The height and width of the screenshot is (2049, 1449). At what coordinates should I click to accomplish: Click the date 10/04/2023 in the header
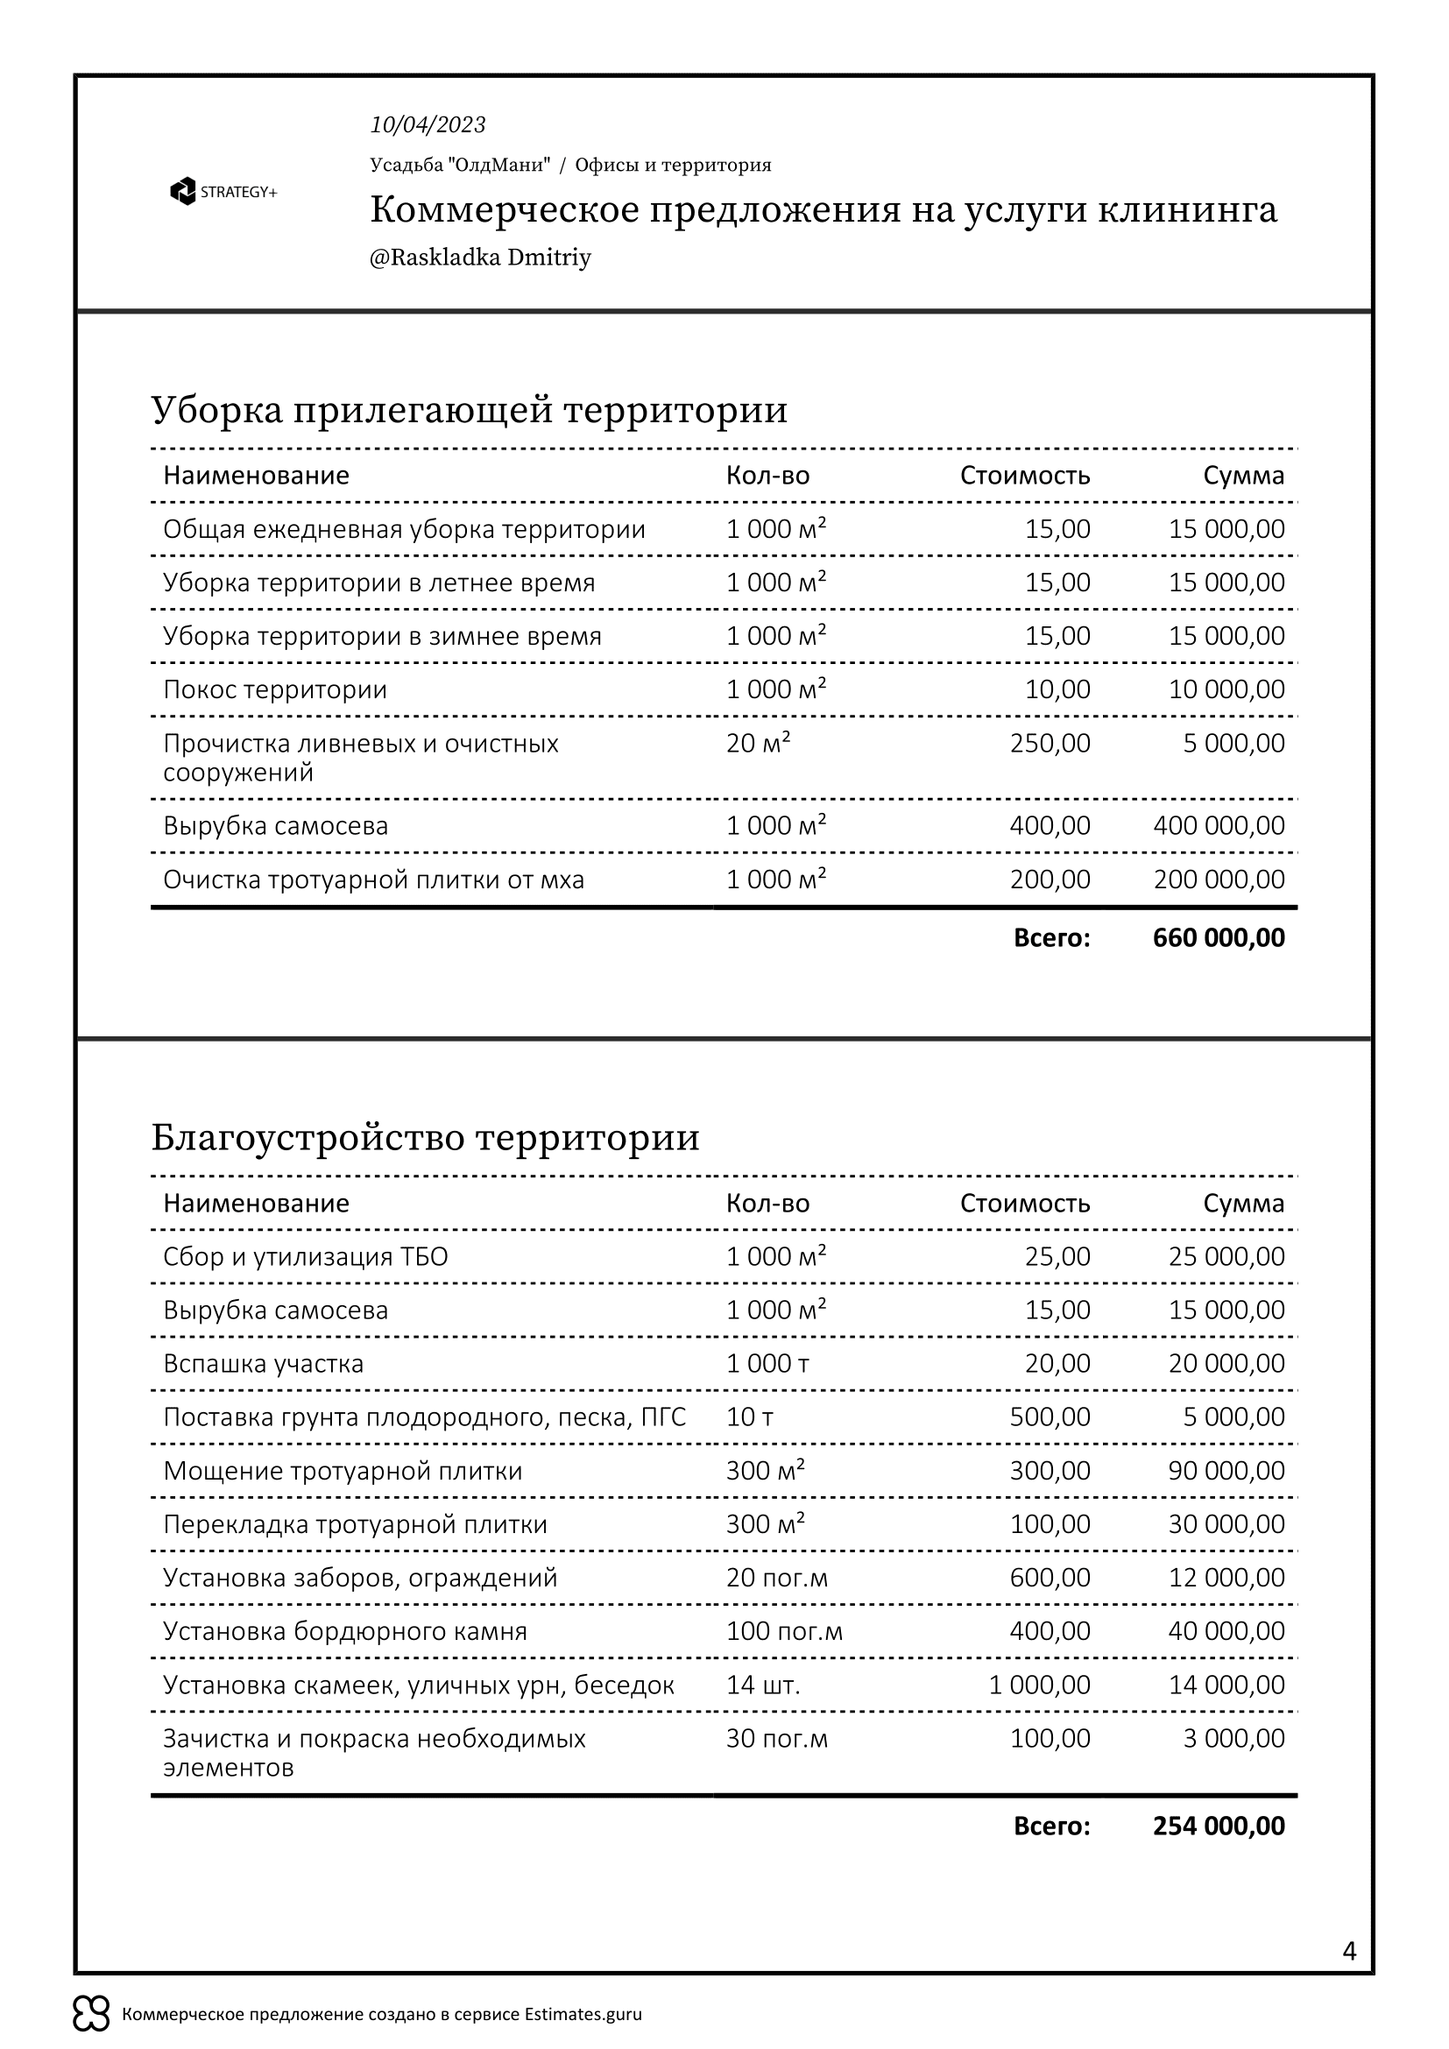tap(428, 125)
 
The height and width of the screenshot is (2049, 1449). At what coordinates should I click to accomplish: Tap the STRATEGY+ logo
tap(223, 192)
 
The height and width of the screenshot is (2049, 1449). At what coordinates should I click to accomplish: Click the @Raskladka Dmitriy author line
tap(480, 258)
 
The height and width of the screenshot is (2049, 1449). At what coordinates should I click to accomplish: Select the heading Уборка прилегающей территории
tap(470, 411)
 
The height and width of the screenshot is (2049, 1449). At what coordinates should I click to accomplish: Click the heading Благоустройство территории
tap(425, 1138)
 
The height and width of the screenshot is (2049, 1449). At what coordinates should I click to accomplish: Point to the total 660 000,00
tap(1218, 938)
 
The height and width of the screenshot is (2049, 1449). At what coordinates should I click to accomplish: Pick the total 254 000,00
tap(1218, 1826)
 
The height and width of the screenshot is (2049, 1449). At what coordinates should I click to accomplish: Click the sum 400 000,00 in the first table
tap(1218, 825)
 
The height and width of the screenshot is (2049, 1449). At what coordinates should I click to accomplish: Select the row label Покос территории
tap(275, 689)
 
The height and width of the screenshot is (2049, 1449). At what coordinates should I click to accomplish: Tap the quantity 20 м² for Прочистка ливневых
tap(759, 744)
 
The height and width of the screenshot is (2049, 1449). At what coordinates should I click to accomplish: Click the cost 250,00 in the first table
tap(1050, 744)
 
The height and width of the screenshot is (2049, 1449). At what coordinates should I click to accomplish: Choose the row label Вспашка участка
tap(263, 1364)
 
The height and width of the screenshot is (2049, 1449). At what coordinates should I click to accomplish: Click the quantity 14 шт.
tap(763, 1685)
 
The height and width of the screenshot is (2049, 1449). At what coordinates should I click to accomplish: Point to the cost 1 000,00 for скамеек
tap(1039, 1685)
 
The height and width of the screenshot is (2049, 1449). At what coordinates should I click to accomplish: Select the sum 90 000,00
tap(1226, 1471)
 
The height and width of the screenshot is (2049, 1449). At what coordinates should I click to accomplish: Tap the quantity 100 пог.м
tap(783, 1631)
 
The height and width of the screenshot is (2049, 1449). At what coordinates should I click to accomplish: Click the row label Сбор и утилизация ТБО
tap(305, 1256)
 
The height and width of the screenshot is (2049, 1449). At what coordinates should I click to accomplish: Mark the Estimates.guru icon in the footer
tap(91, 2014)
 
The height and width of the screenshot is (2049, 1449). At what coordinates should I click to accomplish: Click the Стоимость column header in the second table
tap(1024, 1203)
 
